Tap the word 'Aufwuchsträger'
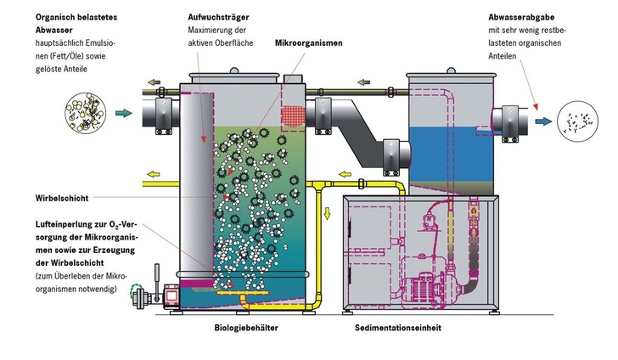pos(216,17)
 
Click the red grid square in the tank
pos(293,115)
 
